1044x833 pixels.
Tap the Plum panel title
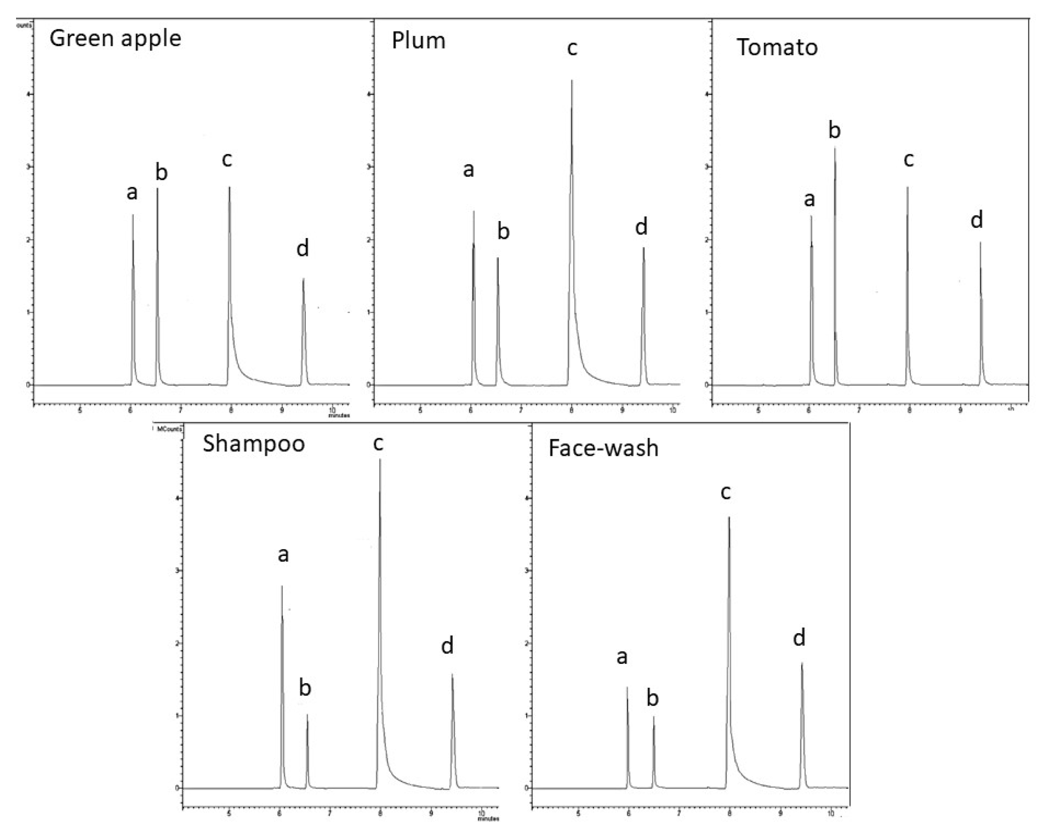(418, 41)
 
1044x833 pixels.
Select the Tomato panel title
(777, 47)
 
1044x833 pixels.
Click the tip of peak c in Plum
(572, 80)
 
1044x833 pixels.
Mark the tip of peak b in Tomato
(835, 148)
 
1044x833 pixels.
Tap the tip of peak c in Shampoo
(380, 459)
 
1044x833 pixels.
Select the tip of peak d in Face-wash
(802, 663)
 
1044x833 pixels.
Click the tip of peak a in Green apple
(133, 215)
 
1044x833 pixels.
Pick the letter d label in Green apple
(303, 249)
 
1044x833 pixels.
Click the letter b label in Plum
(503, 231)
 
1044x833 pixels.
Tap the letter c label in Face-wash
(725, 493)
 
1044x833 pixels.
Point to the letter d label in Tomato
(977, 221)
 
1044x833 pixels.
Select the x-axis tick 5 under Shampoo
(229, 814)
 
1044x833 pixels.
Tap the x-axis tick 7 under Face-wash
(679, 814)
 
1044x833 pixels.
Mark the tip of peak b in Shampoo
(307, 715)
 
